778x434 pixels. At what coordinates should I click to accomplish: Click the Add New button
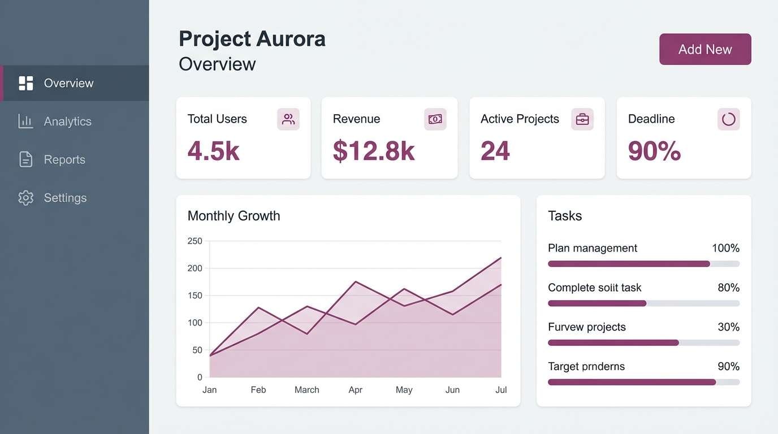[x=705, y=49]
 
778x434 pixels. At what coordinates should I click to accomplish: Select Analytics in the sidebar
[x=67, y=121]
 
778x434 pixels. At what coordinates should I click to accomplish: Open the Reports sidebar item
[x=64, y=160]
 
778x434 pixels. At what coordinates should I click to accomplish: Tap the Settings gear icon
[x=25, y=198]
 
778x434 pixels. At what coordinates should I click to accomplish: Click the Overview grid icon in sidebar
[x=25, y=83]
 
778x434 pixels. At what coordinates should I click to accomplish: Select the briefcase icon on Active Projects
[x=582, y=119]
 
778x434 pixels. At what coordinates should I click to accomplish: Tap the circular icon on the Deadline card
[x=728, y=119]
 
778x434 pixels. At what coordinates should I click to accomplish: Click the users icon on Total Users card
[x=288, y=119]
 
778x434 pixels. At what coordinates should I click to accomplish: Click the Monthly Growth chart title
[x=234, y=216]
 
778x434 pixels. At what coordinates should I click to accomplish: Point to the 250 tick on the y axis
[x=194, y=241]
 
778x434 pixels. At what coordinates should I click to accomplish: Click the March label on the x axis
[x=306, y=390]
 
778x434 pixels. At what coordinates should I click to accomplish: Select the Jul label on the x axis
[x=501, y=390]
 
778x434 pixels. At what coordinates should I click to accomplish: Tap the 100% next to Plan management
[x=725, y=248]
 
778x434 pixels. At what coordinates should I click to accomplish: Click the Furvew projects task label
[x=586, y=327]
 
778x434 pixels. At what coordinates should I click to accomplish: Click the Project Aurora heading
[x=252, y=39]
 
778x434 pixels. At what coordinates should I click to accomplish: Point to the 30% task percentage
[x=728, y=327]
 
